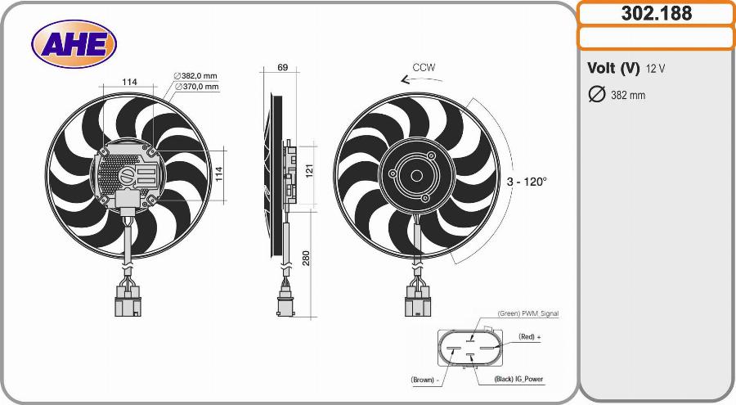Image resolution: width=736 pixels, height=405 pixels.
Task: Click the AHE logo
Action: pyautogui.click(x=74, y=43)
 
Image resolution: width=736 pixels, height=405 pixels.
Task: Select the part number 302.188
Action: pyautogui.click(x=657, y=14)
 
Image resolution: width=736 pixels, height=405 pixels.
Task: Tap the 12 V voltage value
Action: pyautogui.click(x=655, y=69)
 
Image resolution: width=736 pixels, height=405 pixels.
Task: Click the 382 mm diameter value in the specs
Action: pyautogui.click(x=628, y=96)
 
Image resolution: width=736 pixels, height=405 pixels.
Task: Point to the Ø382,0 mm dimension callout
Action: pyautogui.click(x=195, y=75)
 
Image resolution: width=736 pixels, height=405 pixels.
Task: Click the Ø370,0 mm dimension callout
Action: pyautogui.click(x=195, y=86)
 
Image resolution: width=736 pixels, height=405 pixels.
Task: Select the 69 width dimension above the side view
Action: pyautogui.click(x=282, y=68)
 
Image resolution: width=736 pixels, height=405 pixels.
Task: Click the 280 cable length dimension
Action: pyautogui.click(x=306, y=259)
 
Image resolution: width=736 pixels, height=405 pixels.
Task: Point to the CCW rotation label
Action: pyautogui.click(x=424, y=67)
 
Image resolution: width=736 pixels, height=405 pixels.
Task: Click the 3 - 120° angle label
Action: pyautogui.click(x=526, y=182)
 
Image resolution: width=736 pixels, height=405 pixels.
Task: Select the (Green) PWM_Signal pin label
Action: pyautogui.click(x=528, y=313)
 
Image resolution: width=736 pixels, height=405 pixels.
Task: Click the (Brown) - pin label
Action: pyautogui.click(x=425, y=380)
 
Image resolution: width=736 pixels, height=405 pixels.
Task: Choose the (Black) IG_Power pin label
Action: pyautogui.click(x=518, y=380)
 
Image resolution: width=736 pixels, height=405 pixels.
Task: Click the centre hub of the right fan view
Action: pyautogui.click(x=416, y=175)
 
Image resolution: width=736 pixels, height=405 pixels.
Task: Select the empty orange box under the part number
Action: pyautogui.click(x=657, y=38)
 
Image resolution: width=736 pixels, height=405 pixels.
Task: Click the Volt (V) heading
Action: pyautogui.click(x=613, y=68)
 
